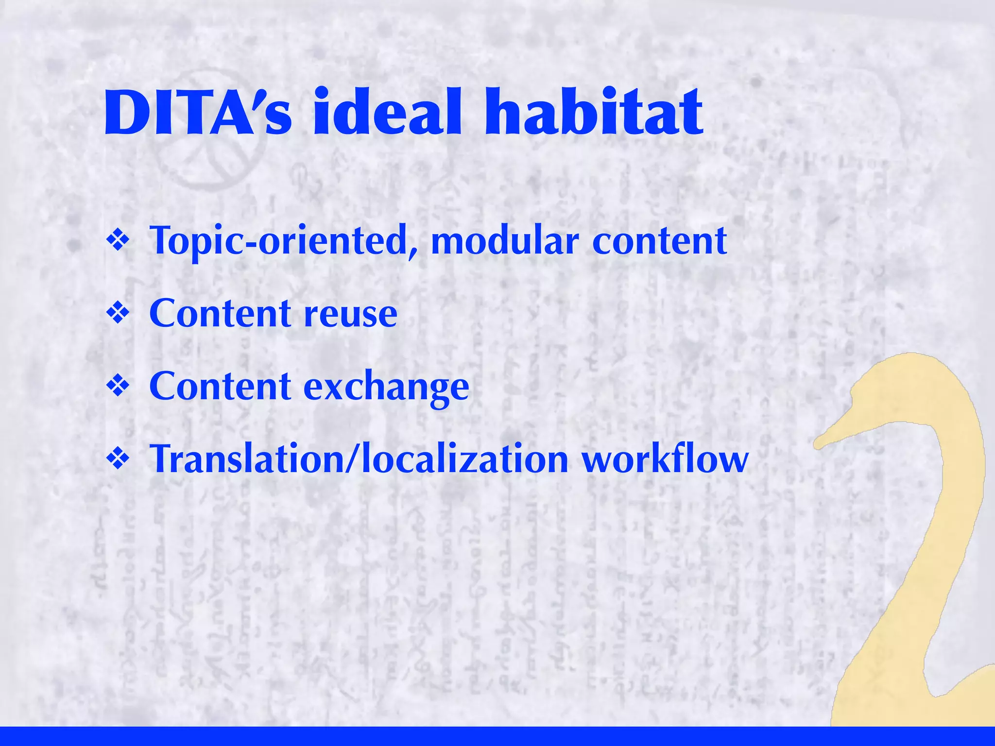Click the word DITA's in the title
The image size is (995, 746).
[197, 113]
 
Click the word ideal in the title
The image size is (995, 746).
[387, 113]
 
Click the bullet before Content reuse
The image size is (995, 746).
[118, 313]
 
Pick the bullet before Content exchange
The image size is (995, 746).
[118, 386]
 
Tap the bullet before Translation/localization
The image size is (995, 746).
[118, 459]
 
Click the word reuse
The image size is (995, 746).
[350, 314]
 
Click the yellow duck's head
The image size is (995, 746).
[904, 389]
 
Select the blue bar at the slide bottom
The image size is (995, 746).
[497, 736]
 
